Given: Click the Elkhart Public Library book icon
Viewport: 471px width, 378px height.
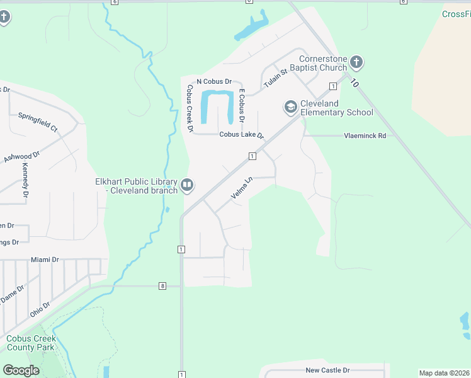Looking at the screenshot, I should [187, 185].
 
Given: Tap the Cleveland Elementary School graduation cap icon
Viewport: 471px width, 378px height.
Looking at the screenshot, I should [290, 108].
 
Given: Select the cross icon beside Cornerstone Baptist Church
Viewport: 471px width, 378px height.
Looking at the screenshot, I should [356, 62].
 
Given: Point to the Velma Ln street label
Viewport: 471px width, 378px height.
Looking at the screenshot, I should [241, 188].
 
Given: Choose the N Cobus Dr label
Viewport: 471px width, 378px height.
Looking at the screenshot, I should [215, 82].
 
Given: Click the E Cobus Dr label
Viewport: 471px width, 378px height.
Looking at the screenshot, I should [241, 106].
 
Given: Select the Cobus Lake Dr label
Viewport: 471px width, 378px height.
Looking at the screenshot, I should [241, 135].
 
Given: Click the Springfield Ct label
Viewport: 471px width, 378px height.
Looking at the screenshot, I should [38, 122].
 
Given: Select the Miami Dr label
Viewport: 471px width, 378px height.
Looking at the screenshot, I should [45, 260].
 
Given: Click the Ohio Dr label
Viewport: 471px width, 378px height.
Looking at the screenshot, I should [40, 309].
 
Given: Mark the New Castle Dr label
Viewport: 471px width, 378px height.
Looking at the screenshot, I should [327, 370].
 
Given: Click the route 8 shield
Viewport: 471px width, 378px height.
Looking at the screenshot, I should [162, 286].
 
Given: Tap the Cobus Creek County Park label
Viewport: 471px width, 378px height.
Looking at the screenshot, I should [31, 343].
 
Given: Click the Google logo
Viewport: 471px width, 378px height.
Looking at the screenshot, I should [21, 370].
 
